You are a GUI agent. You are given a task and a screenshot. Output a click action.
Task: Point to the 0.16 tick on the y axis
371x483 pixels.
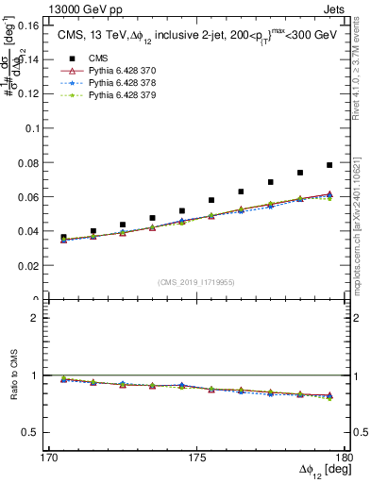click(x=39, y=26)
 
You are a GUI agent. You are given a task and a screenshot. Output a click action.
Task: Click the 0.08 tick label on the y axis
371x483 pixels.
click(x=39, y=163)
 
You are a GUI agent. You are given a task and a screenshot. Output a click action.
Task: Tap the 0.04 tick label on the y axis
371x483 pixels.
click(x=39, y=232)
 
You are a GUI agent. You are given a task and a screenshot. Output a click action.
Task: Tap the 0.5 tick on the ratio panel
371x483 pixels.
click(x=40, y=432)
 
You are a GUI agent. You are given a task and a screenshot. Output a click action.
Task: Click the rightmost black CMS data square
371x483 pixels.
click(x=329, y=165)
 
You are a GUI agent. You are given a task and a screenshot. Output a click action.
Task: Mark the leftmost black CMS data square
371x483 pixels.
click(x=64, y=238)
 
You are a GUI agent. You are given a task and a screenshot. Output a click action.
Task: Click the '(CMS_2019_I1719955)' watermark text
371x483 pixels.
click(x=196, y=281)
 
